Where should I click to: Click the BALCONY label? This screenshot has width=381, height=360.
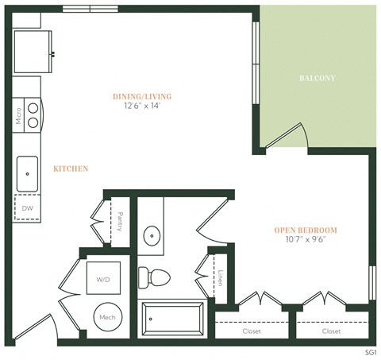point(317,79)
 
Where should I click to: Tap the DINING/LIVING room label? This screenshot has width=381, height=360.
point(142,96)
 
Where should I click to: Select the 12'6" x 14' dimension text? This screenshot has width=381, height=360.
point(142,106)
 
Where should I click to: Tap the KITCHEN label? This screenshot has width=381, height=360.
point(71,168)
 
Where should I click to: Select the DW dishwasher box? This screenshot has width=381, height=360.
point(28,208)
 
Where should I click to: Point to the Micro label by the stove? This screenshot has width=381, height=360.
point(17,118)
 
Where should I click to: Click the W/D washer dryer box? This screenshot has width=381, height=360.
point(103,279)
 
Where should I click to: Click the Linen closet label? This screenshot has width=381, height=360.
point(220,278)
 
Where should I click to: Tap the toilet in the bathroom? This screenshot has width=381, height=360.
point(154,277)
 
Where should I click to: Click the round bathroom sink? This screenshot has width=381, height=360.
point(151,237)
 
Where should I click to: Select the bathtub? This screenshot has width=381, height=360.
point(172,321)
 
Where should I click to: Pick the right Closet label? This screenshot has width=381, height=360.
point(332,331)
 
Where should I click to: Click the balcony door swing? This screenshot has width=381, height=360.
point(287,136)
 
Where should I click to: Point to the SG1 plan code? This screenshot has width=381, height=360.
point(370,350)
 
